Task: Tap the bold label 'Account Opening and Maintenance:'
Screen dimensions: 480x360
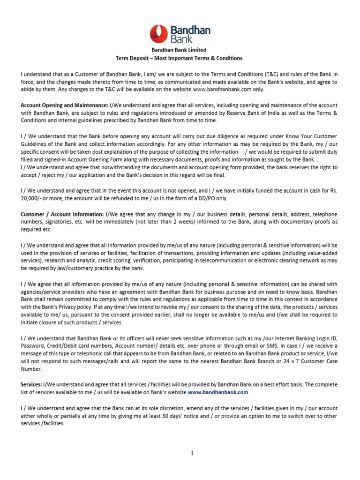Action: click(x=64, y=105)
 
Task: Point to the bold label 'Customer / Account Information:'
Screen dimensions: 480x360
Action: click(x=62, y=214)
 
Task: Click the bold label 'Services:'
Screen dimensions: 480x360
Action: click(x=31, y=384)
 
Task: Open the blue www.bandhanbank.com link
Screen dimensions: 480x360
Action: click(x=218, y=392)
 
